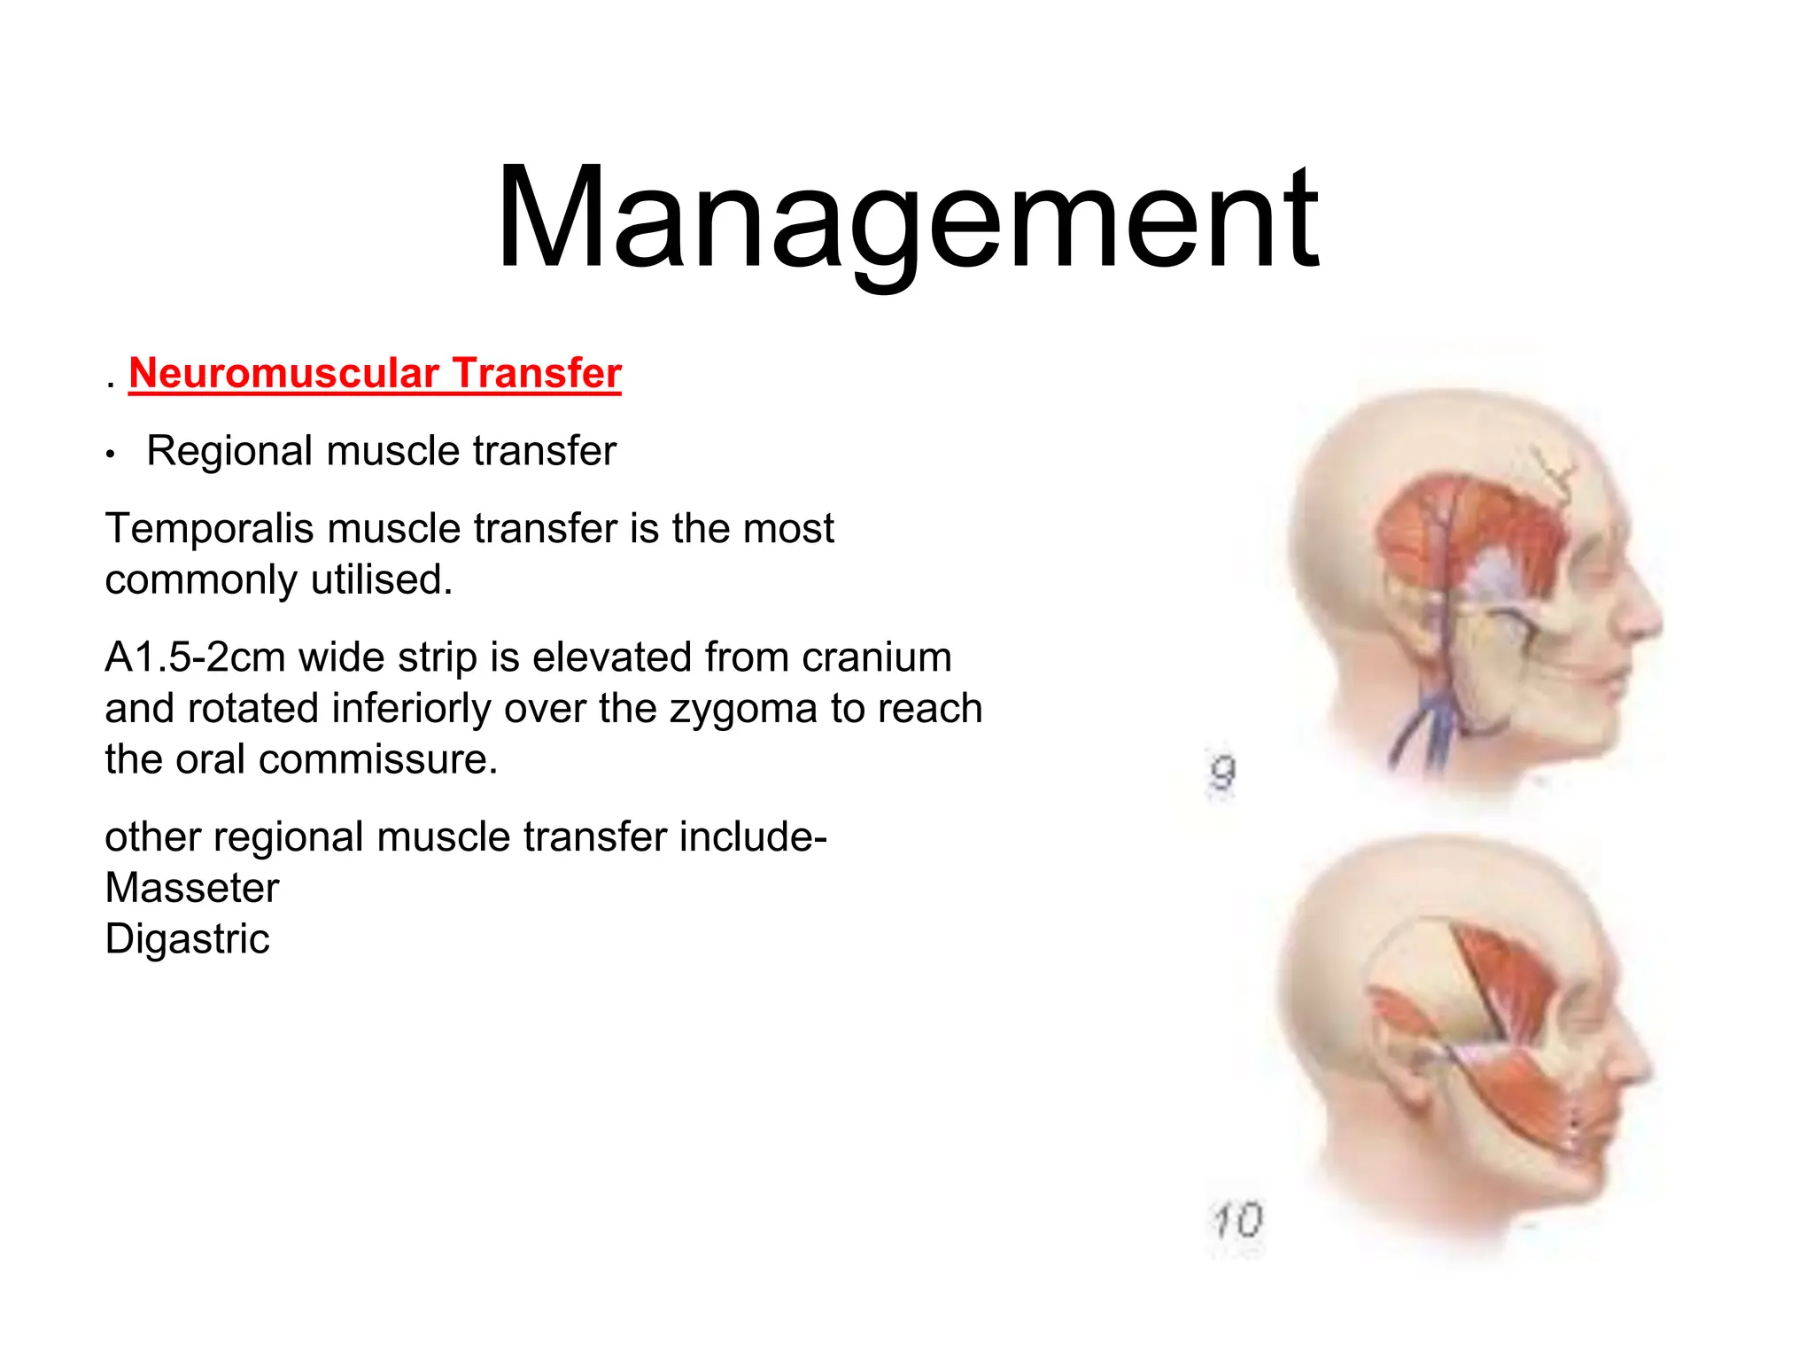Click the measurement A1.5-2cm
click(195, 657)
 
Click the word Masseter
click(192, 888)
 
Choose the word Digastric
click(187, 939)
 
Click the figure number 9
click(1222, 773)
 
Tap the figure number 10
click(1237, 1220)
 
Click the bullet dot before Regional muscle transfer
click(111, 455)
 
